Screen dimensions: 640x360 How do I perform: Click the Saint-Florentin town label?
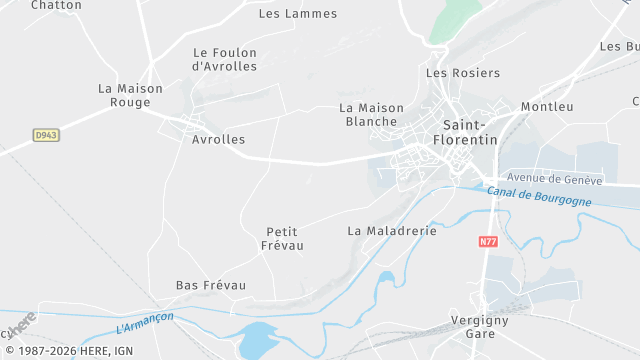pos(470,132)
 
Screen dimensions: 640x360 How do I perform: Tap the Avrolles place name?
pos(218,140)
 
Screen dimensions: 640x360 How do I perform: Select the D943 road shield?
pos(46,134)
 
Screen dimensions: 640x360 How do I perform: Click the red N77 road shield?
pos(488,241)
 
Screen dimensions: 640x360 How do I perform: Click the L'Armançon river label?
pos(145,322)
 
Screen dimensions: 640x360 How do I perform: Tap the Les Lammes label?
pos(298,14)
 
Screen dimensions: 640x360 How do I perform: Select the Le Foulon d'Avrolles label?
pos(224,59)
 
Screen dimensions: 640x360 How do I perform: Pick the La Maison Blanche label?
pos(370,114)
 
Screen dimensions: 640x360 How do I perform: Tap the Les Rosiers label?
pos(463,73)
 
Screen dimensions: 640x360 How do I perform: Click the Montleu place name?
pos(547,107)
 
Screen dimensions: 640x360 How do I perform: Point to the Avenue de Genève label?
pos(554,179)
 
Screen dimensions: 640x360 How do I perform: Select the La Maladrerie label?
pos(393,230)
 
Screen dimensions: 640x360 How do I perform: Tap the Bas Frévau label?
pos(211,286)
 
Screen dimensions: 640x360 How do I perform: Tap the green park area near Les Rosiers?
pos(455,20)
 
